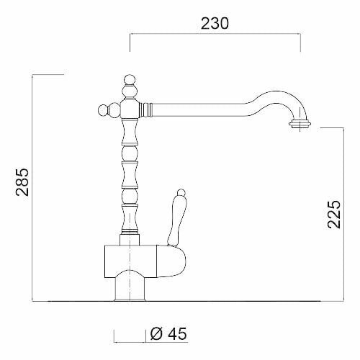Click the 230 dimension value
pyautogui.click(x=215, y=24)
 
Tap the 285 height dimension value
pyautogui.click(x=22, y=182)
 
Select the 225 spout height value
pyautogui.click(x=334, y=214)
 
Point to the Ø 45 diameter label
pyautogui.click(x=168, y=333)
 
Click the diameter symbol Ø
pyautogui.click(x=156, y=333)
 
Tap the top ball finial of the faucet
pyautogui.click(x=130, y=80)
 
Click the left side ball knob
pyautogui.click(x=104, y=111)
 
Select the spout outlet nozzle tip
pyautogui.click(x=300, y=124)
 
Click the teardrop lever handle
pyautogui.click(x=177, y=221)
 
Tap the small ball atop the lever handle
pyautogui.click(x=181, y=193)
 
